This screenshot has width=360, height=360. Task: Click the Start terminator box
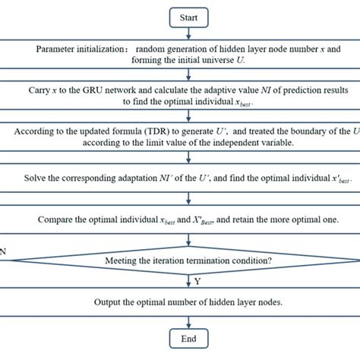click(180, 15)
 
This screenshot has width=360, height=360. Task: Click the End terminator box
click(180, 339)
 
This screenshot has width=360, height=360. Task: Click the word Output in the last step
click(110, 302)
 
